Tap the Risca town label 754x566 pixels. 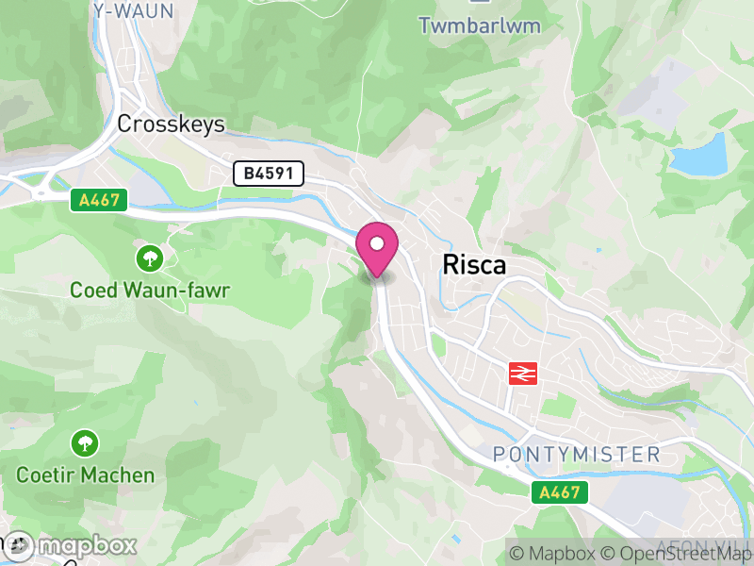click(474, 265)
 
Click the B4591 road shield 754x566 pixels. click(270, 173)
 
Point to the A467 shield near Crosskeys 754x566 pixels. click(98, 199)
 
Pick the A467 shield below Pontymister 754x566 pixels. click(559, 491)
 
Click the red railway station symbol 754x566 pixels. click(522, 373)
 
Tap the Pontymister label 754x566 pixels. click(577, 455)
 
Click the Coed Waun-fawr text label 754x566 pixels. click(149, 290)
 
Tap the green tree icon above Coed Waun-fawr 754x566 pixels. click(149, 257)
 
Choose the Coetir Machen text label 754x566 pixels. click(85, 474)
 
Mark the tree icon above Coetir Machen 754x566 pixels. click(85, 441)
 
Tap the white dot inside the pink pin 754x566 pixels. click(377, 243)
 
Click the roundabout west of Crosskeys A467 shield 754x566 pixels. click(41, 193)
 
